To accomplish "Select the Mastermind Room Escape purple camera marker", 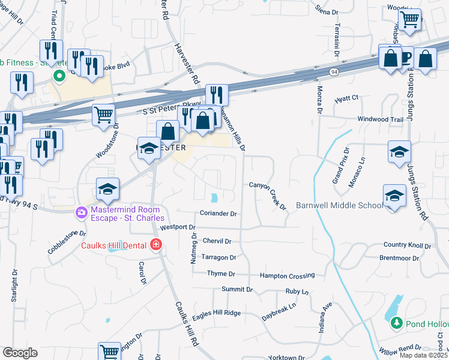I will [x=81, y=212].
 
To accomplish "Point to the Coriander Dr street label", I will [x=218, y=214].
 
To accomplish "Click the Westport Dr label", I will [x=178, y=227].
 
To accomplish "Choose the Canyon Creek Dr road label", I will [x=268, y=196].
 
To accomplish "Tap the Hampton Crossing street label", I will [x=287, y=275].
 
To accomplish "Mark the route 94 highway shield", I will [x=333, y=72].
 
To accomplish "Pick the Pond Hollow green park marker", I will [x=396, y=323].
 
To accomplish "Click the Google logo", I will [x=20, y=353].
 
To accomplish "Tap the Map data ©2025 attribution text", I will [x=424, y=355].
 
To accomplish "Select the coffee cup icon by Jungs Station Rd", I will [x=405, y=58].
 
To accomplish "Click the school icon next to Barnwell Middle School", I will [x=394, y=196].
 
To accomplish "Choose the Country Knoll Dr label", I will [x=407, y=245].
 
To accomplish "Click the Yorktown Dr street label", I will [x=286, y=358].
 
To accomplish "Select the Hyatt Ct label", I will [x=346, y=98].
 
